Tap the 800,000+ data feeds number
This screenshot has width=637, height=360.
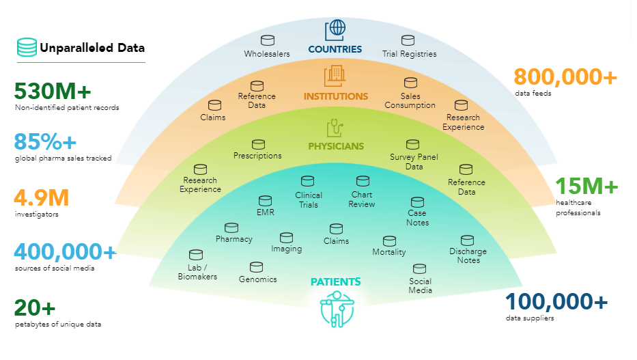[x=565, y=77]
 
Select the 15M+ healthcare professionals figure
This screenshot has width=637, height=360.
[x=586, y=186]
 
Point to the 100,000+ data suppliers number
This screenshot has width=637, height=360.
[x=556, y=301]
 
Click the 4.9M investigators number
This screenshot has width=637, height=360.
[x=41, y=198]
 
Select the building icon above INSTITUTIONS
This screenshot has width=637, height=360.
[x=335, y=75]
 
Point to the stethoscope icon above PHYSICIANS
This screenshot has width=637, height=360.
[x=335, y=127]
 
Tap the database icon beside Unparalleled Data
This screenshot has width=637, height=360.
[x=27, y=48]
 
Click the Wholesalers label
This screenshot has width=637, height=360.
[x=267, y=53]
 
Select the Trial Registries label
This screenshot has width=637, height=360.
[x=409, y=53]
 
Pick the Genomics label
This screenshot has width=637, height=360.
[x=257, y=279]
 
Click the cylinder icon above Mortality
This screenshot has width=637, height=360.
[x=389, y=241]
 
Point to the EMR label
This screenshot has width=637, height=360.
[x=265, y=213]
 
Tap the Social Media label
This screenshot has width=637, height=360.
[x=420, y=286]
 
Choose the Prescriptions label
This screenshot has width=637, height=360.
[x=257, y=156]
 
